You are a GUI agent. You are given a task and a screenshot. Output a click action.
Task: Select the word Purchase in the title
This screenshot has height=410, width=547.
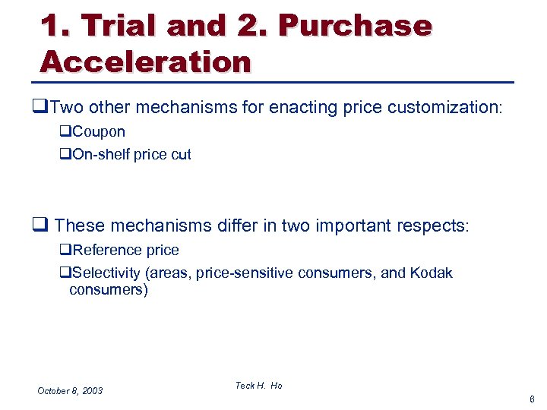tap(355, 26)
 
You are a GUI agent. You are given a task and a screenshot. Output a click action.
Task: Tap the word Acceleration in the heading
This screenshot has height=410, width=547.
tap(145, 61)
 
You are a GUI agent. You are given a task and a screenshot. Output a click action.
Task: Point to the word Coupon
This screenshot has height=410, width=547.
tap(98, 132)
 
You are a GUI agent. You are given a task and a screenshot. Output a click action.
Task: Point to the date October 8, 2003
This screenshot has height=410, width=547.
tap(70, 390)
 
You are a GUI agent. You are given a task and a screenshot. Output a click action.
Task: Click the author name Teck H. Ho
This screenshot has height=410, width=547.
tap(258, 386)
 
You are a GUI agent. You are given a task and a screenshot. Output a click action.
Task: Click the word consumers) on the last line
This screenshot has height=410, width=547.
tap(109, 290)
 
